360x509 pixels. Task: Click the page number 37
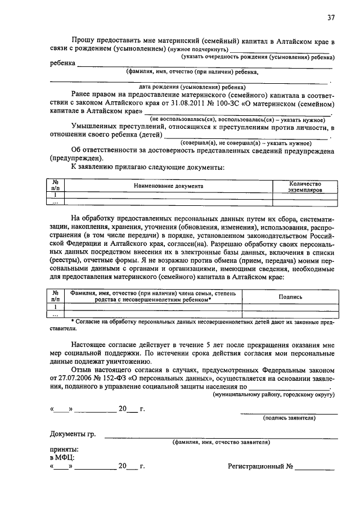pyautogui.click(x=331, y=17)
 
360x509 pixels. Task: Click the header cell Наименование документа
pyautogui.click(x=169, y=186)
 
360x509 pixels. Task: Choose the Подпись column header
pyautogui.click(x=290, y=296)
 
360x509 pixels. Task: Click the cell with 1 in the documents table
pyautogui.click(x=56, y=195)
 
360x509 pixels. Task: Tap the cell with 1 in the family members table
pyautogui.click(x=56, y=307)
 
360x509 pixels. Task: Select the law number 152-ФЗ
pyautogui.click(x=115, y=379)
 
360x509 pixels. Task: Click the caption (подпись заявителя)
pyautogui.click(x=289, y=418)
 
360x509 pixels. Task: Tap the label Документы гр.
pyautogui.click(x=73, y=434)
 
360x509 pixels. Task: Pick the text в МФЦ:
pyautogui.click(x=62, y=458)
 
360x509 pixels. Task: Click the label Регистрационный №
pyautogui.click(x=260, y=466)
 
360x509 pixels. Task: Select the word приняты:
pyautogui.click(x=64, y=449)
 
